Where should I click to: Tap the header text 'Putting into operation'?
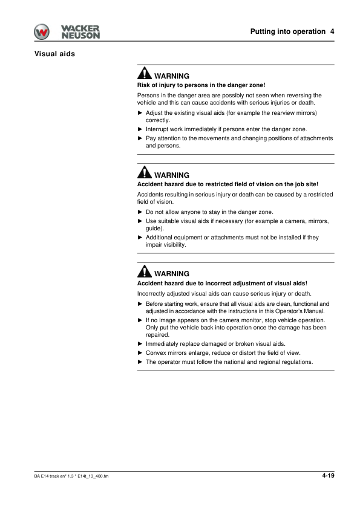click(287, 31)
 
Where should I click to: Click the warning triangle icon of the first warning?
click(144, 74)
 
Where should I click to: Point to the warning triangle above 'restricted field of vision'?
click(144, 173)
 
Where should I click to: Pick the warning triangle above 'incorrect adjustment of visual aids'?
click(144, 272)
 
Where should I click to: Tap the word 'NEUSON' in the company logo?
click(80, 36)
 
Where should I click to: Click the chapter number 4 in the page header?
click(332, 31)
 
